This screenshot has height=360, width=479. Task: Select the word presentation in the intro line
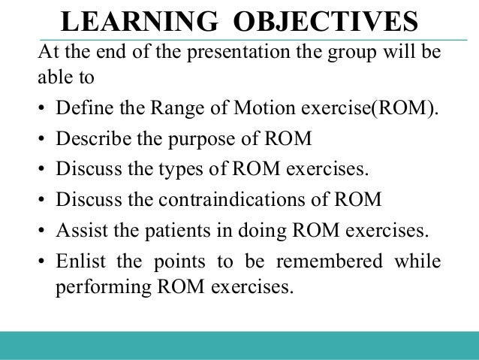pos(227,56)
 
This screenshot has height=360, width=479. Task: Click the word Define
pos(80,110)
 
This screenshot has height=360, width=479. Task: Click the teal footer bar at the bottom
pos(239,345)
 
